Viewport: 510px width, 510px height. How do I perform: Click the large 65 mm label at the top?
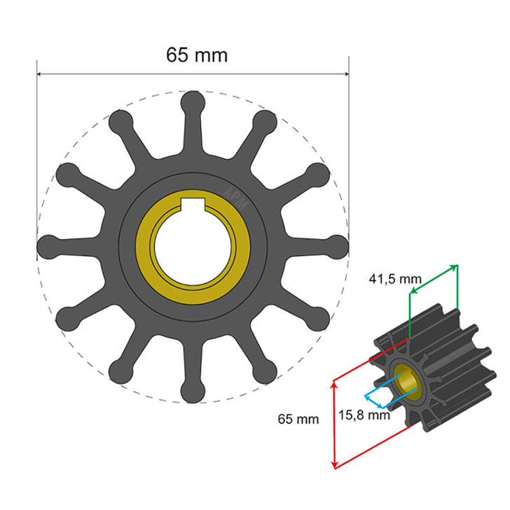197,55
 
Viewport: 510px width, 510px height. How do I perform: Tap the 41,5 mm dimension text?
395,279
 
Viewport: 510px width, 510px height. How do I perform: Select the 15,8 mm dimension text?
363,415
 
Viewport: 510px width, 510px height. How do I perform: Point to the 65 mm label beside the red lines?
298,420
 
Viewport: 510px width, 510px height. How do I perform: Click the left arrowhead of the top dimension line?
40,74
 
